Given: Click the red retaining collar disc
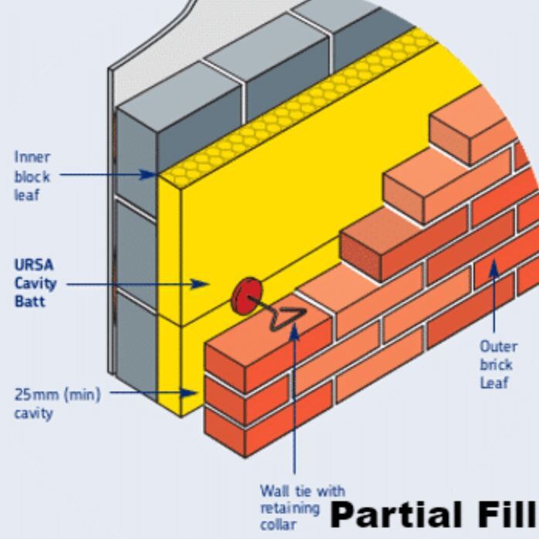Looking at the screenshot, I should pyautogui.click(x=246, y=297).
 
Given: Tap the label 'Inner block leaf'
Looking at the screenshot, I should pyautogui.click(x=32, y=175).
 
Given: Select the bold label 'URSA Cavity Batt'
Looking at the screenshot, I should pyautogui.click(x=35, y=283).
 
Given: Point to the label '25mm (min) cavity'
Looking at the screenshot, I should pyautogui.click(x=56, y=403).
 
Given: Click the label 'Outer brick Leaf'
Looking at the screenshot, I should pyautogui.click(x=498, y=364).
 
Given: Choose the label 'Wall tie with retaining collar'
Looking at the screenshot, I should pyautogui.click(x=301, y=507).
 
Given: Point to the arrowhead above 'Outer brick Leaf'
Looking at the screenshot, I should pyautogui.click(x=493, y=269).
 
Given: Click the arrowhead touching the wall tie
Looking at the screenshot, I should pyautogui.click(x=294, y=331).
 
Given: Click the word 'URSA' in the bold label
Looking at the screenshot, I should pyautogui.click(x=34, y=265).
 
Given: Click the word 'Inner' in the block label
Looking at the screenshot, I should pyautogui.click(x=32, y=157).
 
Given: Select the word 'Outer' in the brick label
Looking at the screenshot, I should pyautogui.click(x=499, y=347).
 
